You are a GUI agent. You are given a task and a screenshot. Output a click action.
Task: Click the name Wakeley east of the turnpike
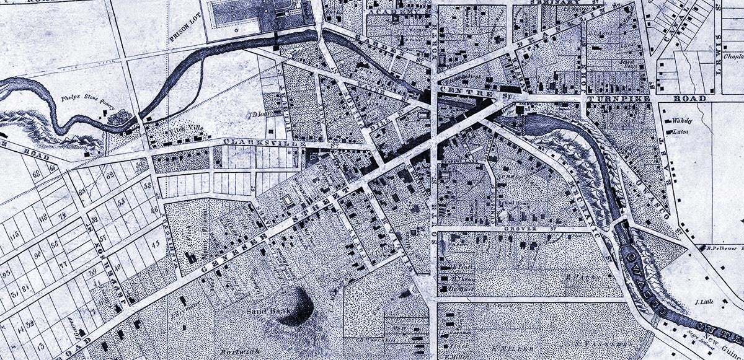click(682, 121)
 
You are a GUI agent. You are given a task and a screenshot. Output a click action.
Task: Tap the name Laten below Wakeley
click(681, 131)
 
